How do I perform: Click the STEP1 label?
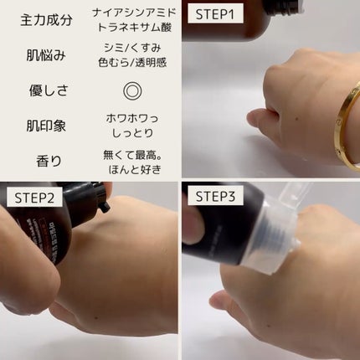[215, 14]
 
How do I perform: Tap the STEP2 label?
[34, 198]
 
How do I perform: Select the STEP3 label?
[215, 197]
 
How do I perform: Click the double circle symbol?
[132, 91]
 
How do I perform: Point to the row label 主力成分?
[46, 20]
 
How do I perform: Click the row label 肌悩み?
[46, 55]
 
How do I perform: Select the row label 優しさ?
[49, 90]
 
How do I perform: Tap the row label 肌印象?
[46, 126]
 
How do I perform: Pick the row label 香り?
[49, 161]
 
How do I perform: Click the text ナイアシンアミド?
[135, 13]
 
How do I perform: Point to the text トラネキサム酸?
[135, 28]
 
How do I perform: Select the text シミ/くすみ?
[132, 48]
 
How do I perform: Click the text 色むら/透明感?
[132, 62]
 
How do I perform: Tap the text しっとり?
[132, 133]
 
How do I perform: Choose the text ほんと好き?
[135, 169]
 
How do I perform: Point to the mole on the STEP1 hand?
[296, 120]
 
